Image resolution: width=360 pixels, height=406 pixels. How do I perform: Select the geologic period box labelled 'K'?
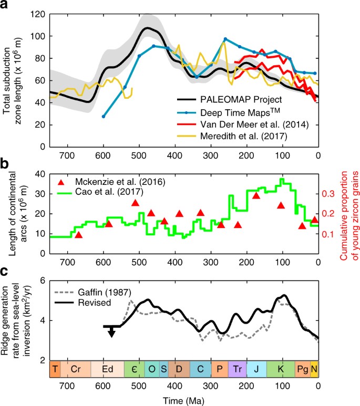[x=281, y=369]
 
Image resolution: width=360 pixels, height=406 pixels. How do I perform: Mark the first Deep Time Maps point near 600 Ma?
[x=103, y=116]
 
